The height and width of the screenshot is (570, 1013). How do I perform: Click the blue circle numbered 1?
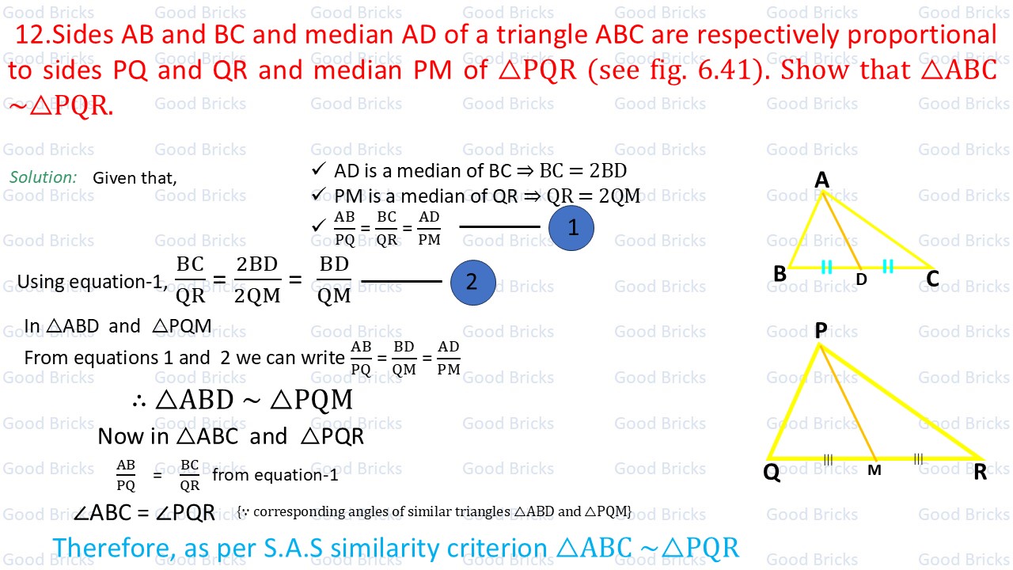571,228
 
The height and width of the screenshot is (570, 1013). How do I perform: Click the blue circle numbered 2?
473,283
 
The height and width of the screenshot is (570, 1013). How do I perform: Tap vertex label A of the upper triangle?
821,180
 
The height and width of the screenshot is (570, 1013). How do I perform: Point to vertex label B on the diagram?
780,274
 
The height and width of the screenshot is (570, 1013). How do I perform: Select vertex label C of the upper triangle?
932,279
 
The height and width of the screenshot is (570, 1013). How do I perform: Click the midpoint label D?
862,279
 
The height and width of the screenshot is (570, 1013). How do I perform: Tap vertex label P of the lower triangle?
821,330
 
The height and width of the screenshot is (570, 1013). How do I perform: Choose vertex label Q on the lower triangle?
772,473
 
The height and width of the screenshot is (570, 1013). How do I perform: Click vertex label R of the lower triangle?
980,472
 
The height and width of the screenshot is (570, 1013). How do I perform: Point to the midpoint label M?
875,470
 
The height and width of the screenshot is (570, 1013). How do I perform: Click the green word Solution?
44,177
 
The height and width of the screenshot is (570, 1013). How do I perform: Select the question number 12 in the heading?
31,35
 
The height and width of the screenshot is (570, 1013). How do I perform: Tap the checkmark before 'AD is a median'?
318,169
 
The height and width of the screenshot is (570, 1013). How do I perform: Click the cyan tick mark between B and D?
826,267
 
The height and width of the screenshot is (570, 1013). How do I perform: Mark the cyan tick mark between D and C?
888,266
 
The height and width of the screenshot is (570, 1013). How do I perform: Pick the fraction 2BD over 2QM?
257,280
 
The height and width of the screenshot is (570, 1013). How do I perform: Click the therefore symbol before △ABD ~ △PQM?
138,401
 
